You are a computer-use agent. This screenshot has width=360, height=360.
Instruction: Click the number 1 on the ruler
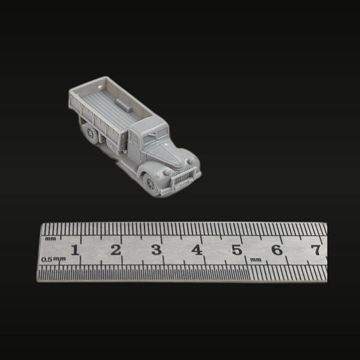click(75, 250)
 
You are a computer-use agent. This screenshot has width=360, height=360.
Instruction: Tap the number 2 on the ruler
click(115, 250)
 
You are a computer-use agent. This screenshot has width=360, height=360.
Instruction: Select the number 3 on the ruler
click(157, 250)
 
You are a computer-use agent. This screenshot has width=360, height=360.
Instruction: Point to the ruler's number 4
click(197, 250)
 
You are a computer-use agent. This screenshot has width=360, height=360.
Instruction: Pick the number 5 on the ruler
click(237, 250)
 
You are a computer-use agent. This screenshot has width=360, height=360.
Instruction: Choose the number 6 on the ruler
click(277, 250)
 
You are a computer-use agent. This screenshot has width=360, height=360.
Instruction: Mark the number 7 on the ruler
click(316, 250)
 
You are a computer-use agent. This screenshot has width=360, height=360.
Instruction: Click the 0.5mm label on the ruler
click(53, 259)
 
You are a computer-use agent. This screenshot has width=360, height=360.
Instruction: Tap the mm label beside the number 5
click(256, 260)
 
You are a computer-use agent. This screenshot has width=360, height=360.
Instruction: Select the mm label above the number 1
click(50, 239)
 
